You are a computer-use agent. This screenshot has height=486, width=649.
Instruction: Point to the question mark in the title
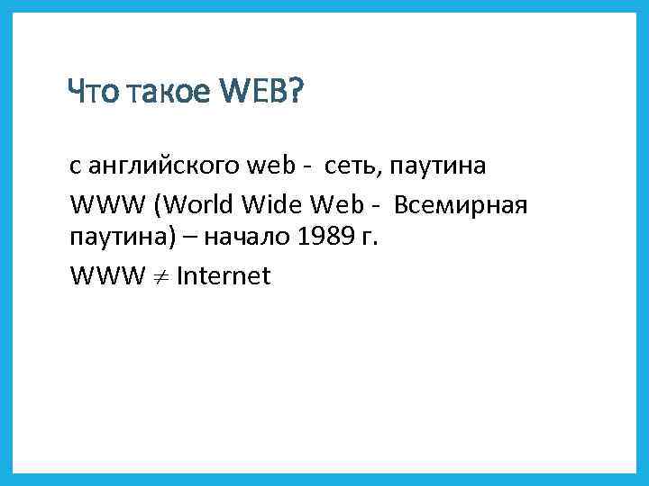point(297,91)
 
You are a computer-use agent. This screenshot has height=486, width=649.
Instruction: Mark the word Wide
point(263,206)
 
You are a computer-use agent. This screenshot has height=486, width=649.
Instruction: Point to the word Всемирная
point(459,206)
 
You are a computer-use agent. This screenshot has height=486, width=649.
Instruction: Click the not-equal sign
point(161,276)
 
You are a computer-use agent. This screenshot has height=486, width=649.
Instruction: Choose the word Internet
point(224,275)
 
